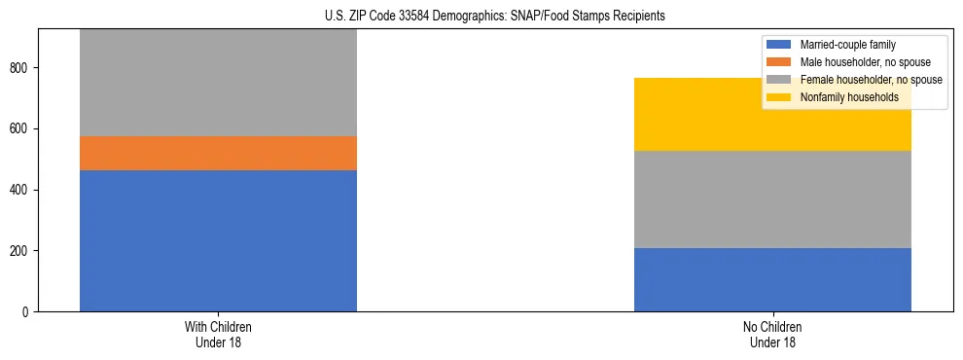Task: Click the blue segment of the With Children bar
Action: point(218,240)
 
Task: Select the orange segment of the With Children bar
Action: point(218,153)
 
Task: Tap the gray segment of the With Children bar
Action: point(218,83)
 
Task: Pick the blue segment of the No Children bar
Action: point(772,279)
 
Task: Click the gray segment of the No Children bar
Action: point(772,199)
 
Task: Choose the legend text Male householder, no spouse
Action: point(858,62)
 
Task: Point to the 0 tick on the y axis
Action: point(29,312)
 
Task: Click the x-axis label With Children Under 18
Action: point(218,335)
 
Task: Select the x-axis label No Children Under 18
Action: point(772,335)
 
